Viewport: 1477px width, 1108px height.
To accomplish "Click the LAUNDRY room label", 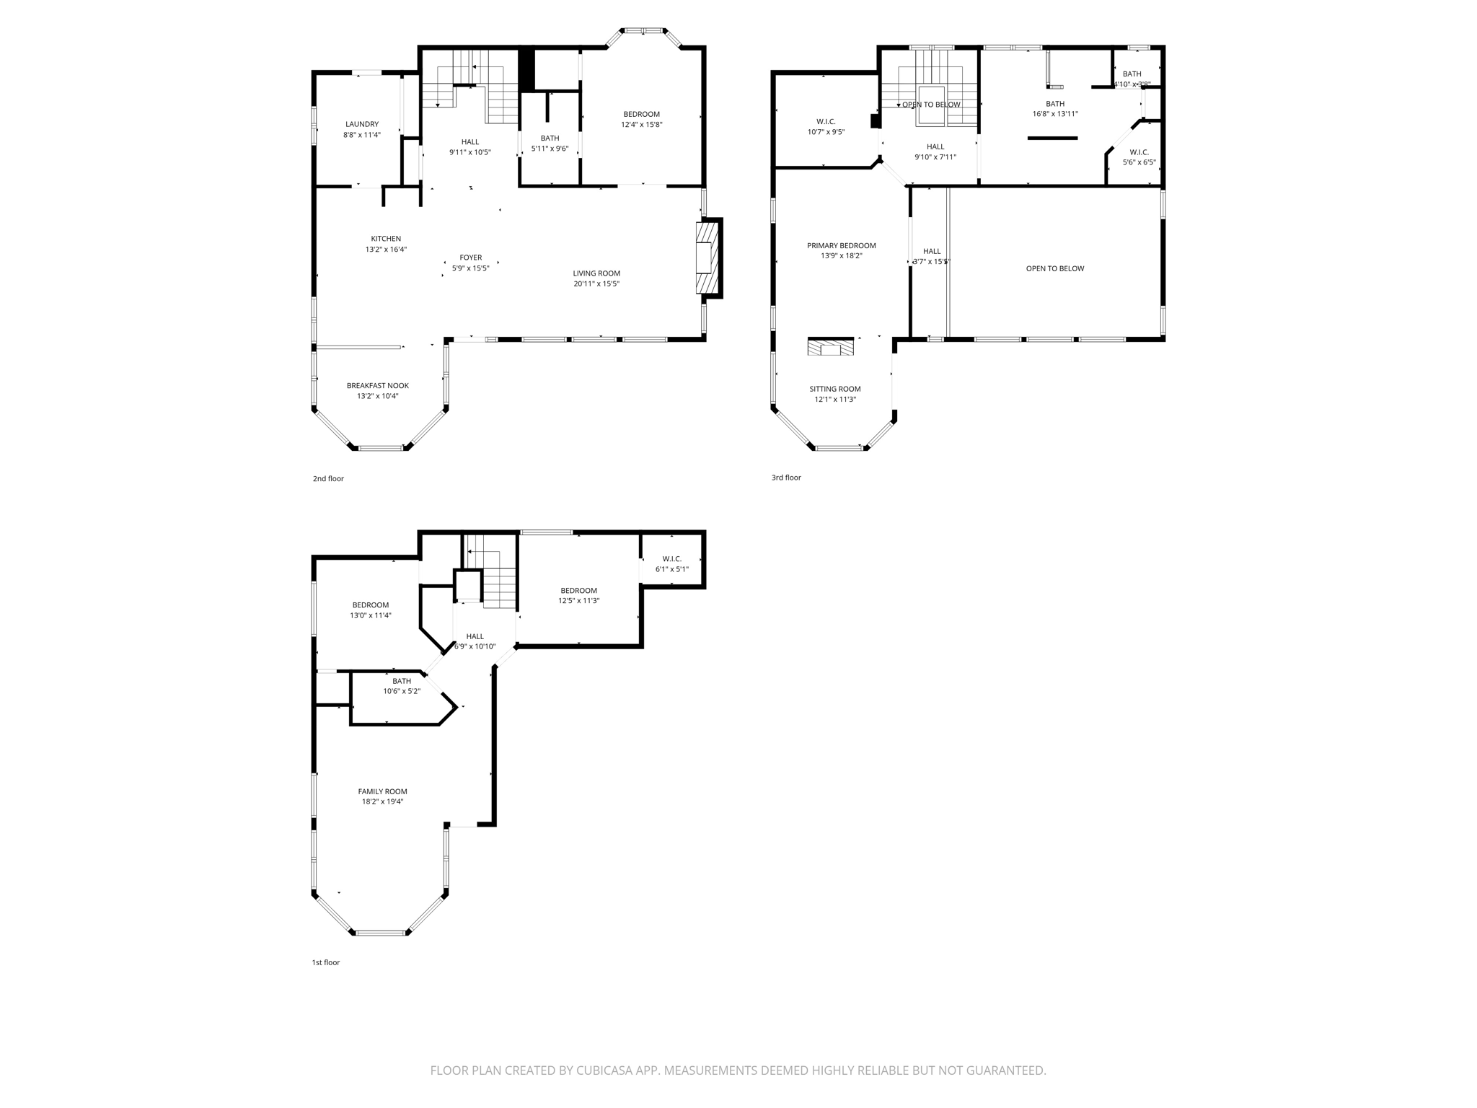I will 361,124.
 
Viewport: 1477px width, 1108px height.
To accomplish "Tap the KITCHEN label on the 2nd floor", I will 386,239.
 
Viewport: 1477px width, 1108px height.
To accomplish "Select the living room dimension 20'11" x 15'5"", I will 596,283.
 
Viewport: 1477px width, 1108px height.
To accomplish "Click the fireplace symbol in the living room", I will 707,258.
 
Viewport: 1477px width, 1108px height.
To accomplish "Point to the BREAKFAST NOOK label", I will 377,386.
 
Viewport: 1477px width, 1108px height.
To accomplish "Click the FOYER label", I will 470,258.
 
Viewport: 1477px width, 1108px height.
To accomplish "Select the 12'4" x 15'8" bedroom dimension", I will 641,124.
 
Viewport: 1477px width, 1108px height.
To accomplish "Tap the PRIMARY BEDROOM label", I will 841,245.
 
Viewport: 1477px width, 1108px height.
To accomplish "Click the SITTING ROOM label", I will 834,389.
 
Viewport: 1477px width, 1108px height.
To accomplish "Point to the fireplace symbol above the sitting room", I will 831,348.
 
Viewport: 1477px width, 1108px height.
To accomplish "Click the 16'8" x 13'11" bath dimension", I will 1055,114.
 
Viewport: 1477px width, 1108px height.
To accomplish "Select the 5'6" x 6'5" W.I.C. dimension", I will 1139,162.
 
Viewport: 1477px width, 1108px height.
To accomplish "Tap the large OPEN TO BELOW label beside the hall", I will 1054,268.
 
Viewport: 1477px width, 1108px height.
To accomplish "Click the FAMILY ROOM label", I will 382,791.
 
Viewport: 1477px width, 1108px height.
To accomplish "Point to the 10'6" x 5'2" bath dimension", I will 401,691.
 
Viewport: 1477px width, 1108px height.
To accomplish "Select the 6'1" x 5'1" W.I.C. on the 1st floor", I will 671,564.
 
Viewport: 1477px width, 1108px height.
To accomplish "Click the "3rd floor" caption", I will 786,478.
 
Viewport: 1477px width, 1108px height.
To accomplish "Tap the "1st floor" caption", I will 325,962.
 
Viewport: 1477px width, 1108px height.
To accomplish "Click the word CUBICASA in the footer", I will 603,1070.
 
